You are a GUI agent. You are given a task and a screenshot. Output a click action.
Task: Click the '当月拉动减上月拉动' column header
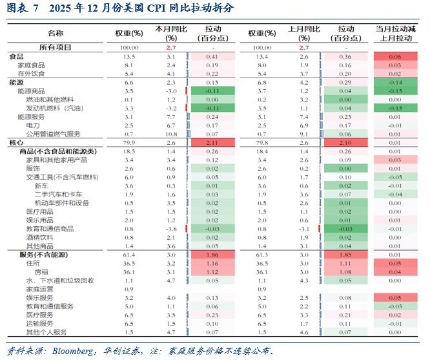[394, 34]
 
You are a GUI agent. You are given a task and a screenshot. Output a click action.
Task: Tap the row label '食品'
[16, 57]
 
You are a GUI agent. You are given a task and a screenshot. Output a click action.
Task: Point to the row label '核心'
[16, 142]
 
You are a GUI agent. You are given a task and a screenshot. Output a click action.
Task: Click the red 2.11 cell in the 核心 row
[212, 142]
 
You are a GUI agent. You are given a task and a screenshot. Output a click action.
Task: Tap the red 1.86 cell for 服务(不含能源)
[212, 255]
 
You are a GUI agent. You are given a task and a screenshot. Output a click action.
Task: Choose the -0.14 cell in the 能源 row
[394, 83]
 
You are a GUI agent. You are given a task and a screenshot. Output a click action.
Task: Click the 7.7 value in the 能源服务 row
[170, 117]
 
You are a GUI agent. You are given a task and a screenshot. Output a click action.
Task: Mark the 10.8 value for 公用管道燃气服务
[170, 133]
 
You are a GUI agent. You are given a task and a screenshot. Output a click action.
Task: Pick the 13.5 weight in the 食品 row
[128, 57]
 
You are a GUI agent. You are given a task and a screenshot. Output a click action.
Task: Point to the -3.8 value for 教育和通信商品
[170, 228]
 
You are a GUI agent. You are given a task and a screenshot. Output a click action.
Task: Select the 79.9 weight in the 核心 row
[128, 142]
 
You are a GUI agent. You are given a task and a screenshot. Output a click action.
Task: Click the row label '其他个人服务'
[46, 332]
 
